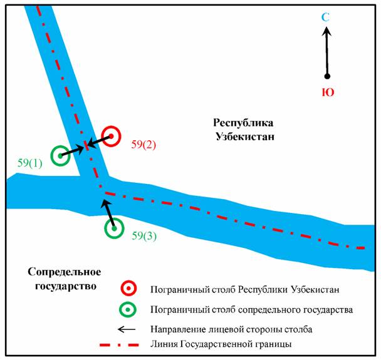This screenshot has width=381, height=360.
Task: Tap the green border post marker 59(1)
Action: (60, 155)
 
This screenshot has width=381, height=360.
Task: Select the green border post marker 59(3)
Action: (114, 229)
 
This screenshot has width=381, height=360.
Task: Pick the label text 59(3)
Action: (145, 236)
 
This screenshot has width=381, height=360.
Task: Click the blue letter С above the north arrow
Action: (325, 17)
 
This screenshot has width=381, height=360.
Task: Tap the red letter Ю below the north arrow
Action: (327, 93)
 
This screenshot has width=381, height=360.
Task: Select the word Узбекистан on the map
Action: (244, 136)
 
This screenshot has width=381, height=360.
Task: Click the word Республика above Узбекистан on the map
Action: (244, 121)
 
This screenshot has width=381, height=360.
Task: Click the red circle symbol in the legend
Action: (128, 289)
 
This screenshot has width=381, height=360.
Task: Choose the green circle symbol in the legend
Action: (128, 309)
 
